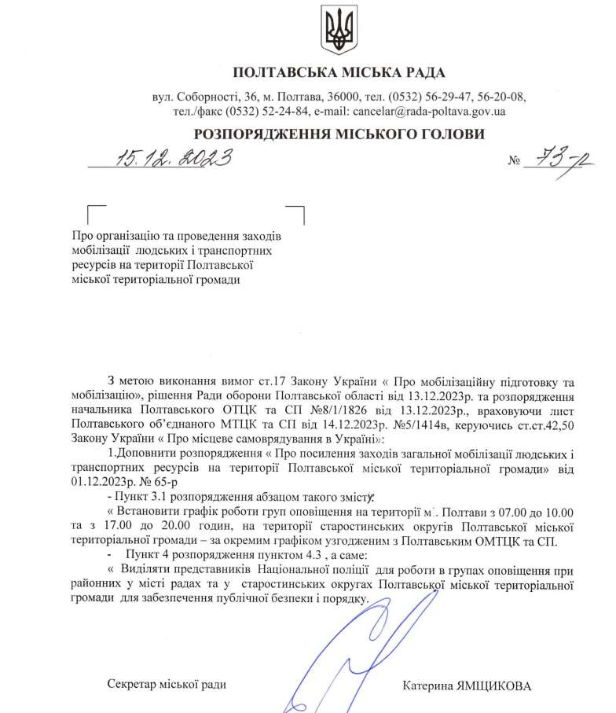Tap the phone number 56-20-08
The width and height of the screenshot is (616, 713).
pyautogui.click(x=499, y=97)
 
